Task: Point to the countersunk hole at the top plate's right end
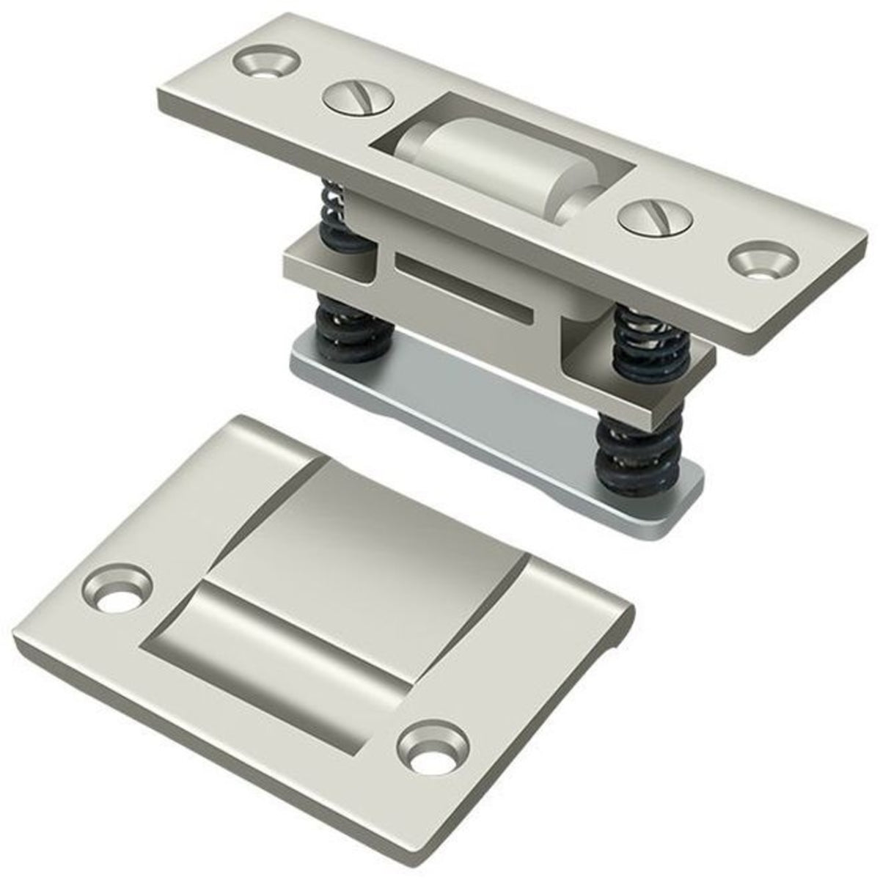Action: pos(763,263)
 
